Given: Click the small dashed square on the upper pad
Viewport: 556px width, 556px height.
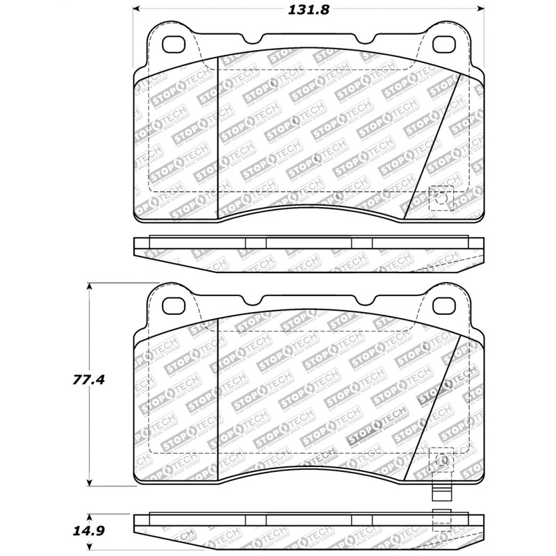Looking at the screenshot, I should click(x=441, y=199).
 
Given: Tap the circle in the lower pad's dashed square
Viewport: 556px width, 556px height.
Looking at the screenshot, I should click(x=441, y=459).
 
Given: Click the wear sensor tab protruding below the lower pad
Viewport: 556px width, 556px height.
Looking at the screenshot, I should click(x=439, y=491).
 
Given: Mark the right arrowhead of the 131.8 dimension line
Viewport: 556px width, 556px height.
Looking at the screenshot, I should click(x=481, y=10).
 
